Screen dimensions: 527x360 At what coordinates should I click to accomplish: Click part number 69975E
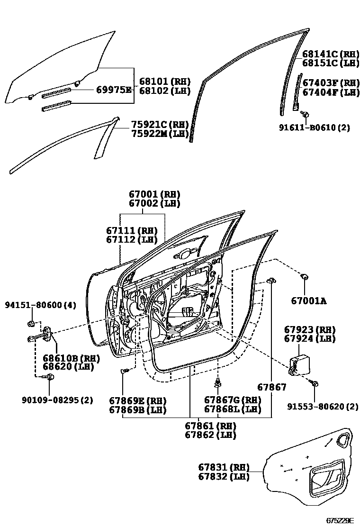pos(114,89)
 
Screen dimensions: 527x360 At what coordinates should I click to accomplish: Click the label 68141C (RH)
pos(331,54)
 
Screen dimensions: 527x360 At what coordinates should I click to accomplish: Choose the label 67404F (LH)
pos(331,92)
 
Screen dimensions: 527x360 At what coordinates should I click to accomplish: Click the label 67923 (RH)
pos(309,329)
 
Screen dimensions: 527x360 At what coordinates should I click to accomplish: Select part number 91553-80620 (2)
pos(323,406)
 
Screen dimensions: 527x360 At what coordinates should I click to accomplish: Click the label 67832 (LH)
pos(223,477)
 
